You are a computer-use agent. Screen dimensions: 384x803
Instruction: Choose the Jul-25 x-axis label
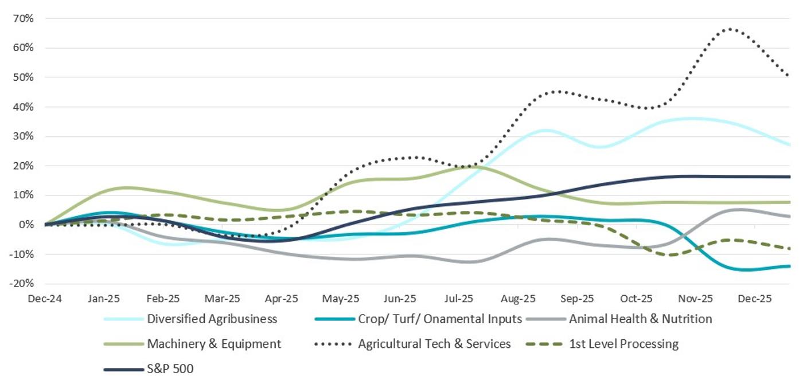[x=459, y=299]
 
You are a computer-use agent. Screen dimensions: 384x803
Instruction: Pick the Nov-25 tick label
[x=696, y=299]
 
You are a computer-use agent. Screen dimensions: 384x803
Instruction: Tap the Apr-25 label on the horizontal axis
[x=282, y=299]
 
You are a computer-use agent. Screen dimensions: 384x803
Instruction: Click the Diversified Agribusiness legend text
[x=212, y=319]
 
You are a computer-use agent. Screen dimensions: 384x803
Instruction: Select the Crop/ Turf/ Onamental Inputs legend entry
[x=440, y=319]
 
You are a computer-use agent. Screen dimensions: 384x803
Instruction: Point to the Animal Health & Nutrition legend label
[x=640, y=319]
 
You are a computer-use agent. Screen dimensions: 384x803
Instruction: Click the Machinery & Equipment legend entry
[x=214, y=344]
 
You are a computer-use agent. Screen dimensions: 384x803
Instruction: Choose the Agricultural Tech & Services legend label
[x=434, y=344]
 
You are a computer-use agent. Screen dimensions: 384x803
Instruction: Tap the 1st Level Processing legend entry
[x=623, y=344]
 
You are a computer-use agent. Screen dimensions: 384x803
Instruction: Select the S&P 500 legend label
[x=170, y=369]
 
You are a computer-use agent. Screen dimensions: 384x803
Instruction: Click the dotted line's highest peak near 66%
[x=730, y=29]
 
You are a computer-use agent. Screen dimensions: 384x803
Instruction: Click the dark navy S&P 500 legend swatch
[x=123, y=369]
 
